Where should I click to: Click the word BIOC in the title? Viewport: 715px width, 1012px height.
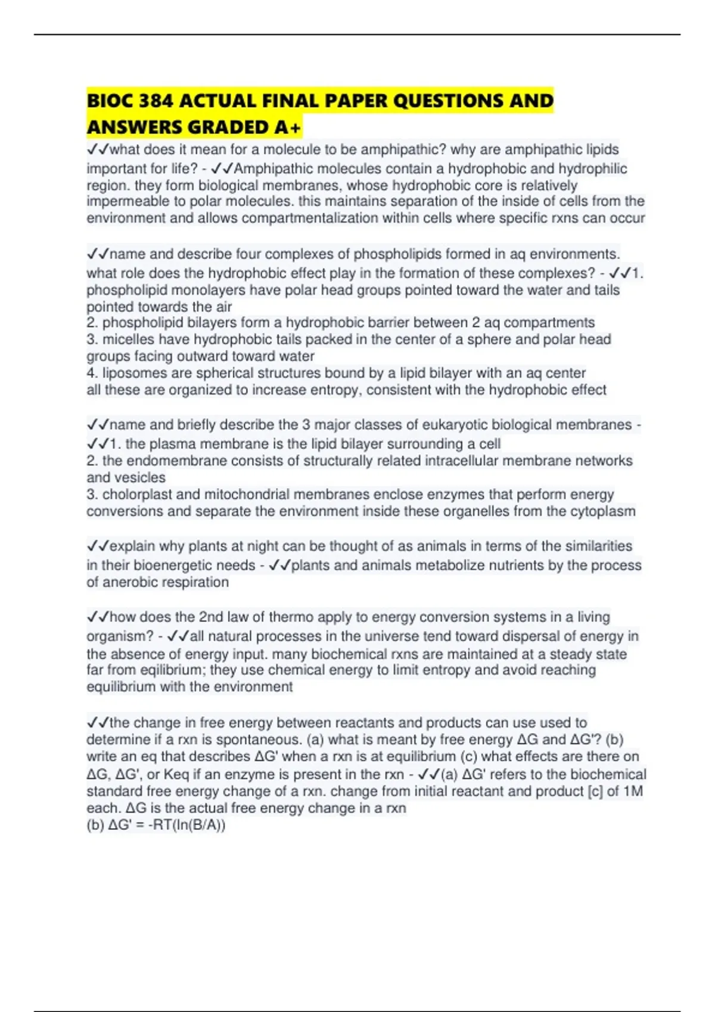(x=110, y=101)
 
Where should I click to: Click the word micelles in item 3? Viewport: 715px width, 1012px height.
(x=125, y=339)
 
